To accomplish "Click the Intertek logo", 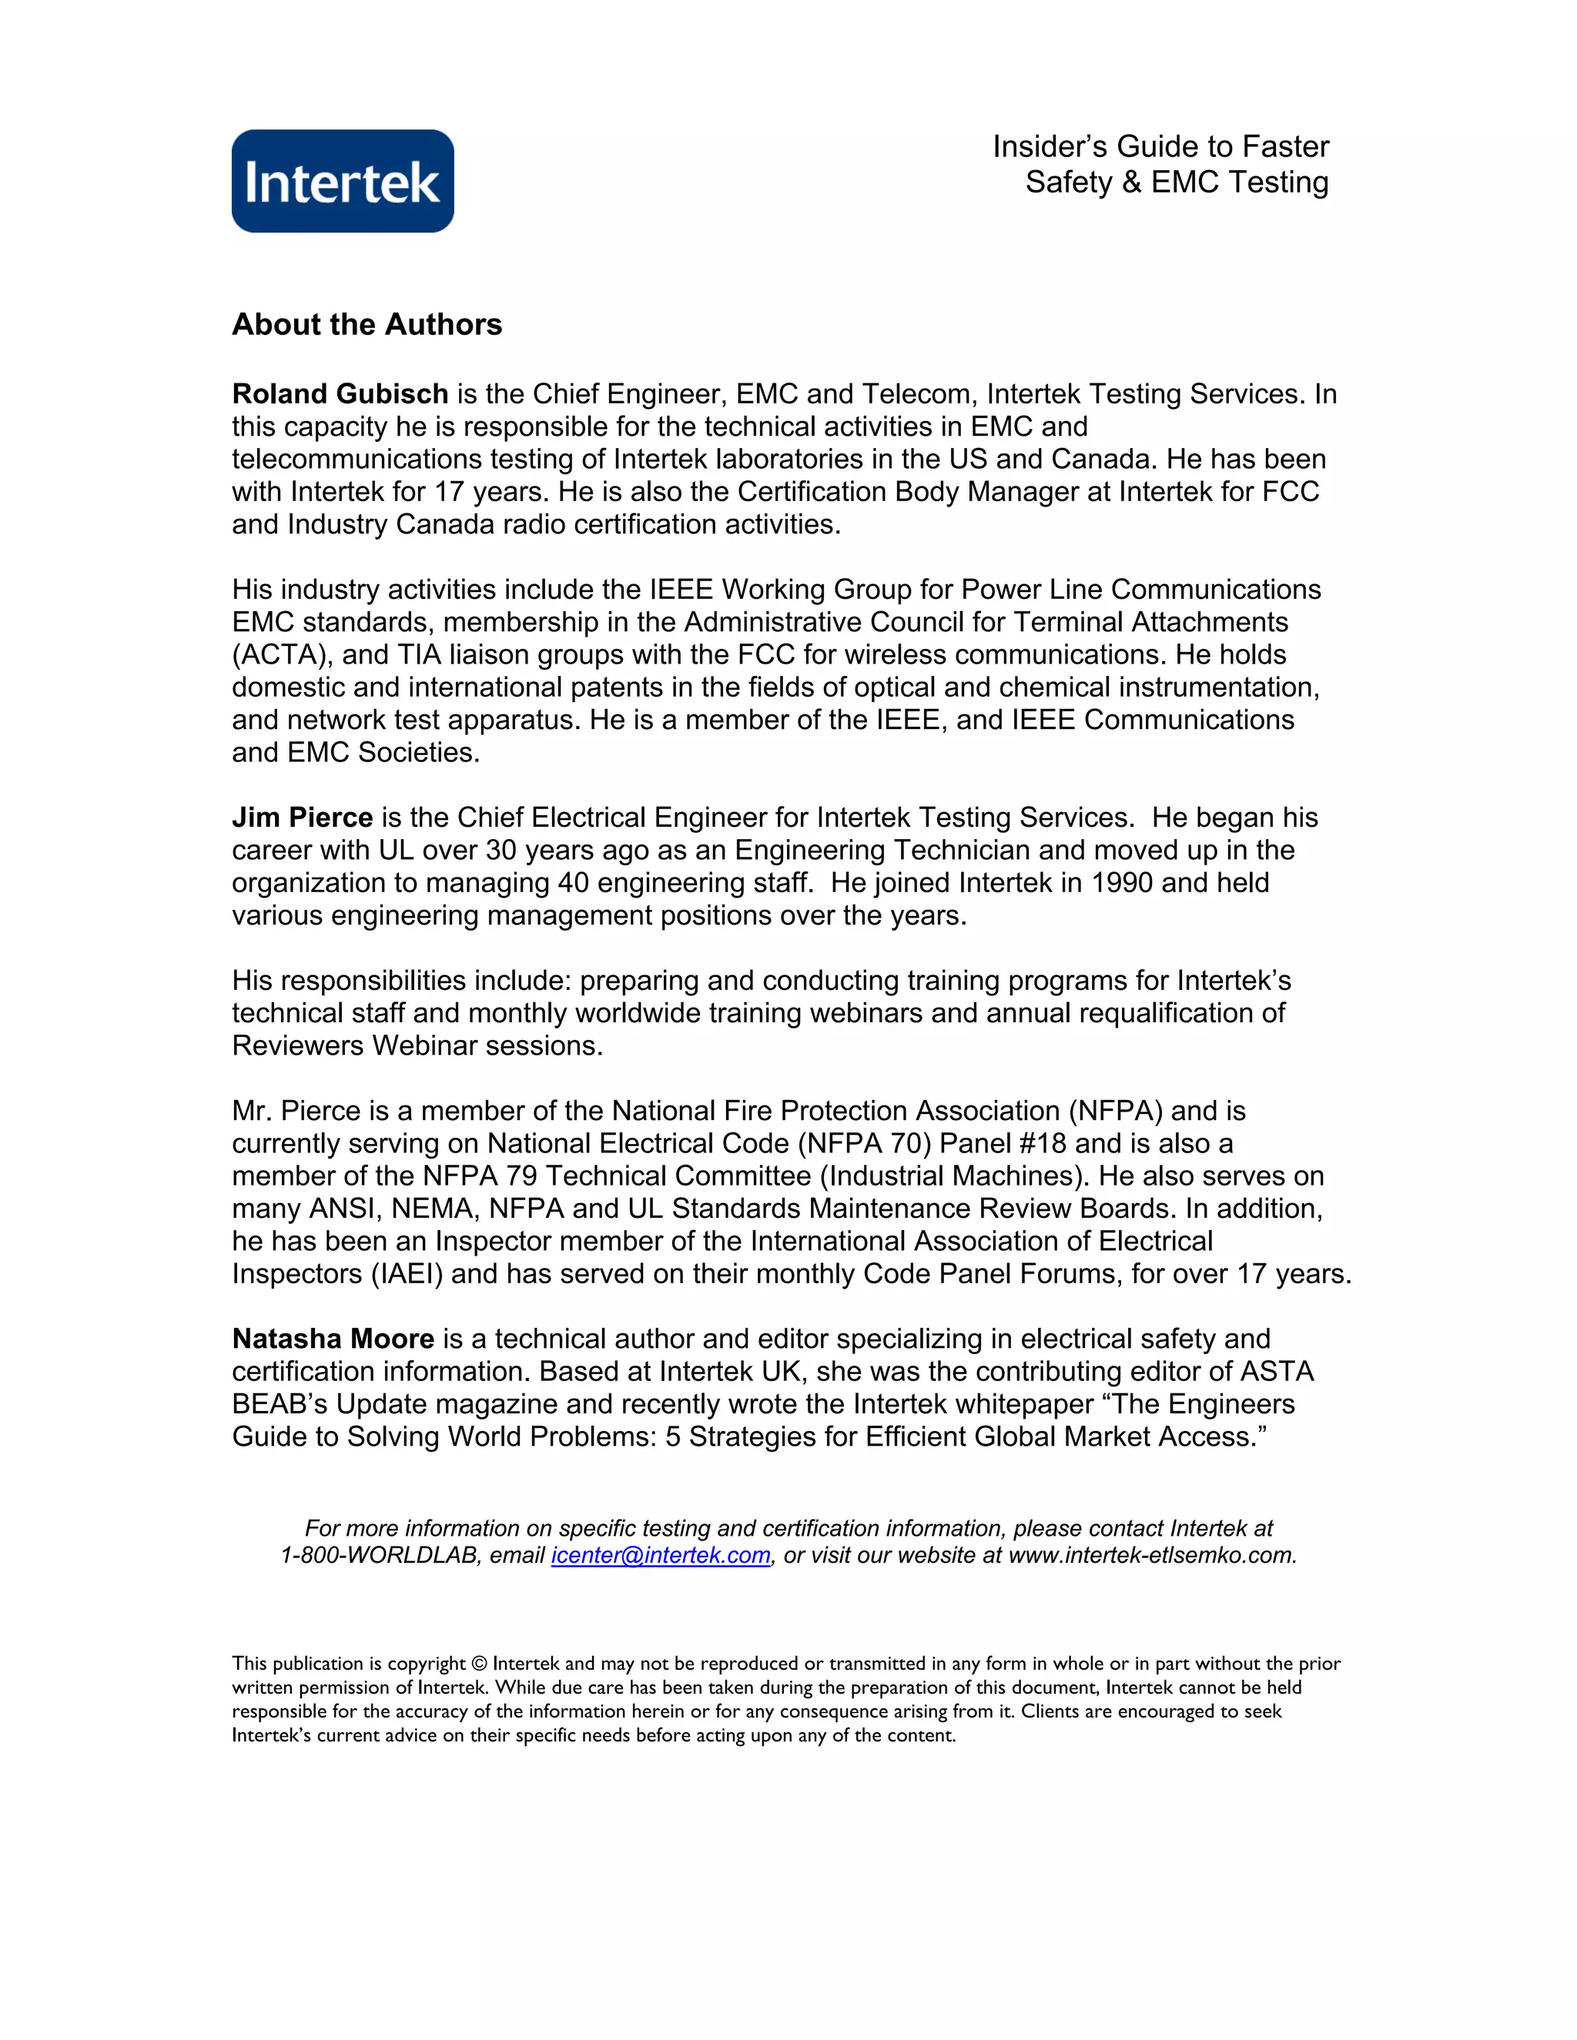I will click(343, 181).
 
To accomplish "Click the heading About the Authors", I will click(367, 324).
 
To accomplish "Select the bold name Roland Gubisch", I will click(340, 394).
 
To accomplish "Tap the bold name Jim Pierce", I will click(302, 818).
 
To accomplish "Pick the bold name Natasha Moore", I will click(333, 1339).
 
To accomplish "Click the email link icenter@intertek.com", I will click(661, 1555).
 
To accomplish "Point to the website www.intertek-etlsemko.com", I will click(1151, 1555).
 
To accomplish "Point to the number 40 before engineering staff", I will click(574, 883).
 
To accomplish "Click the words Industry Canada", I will click(391, 525).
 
